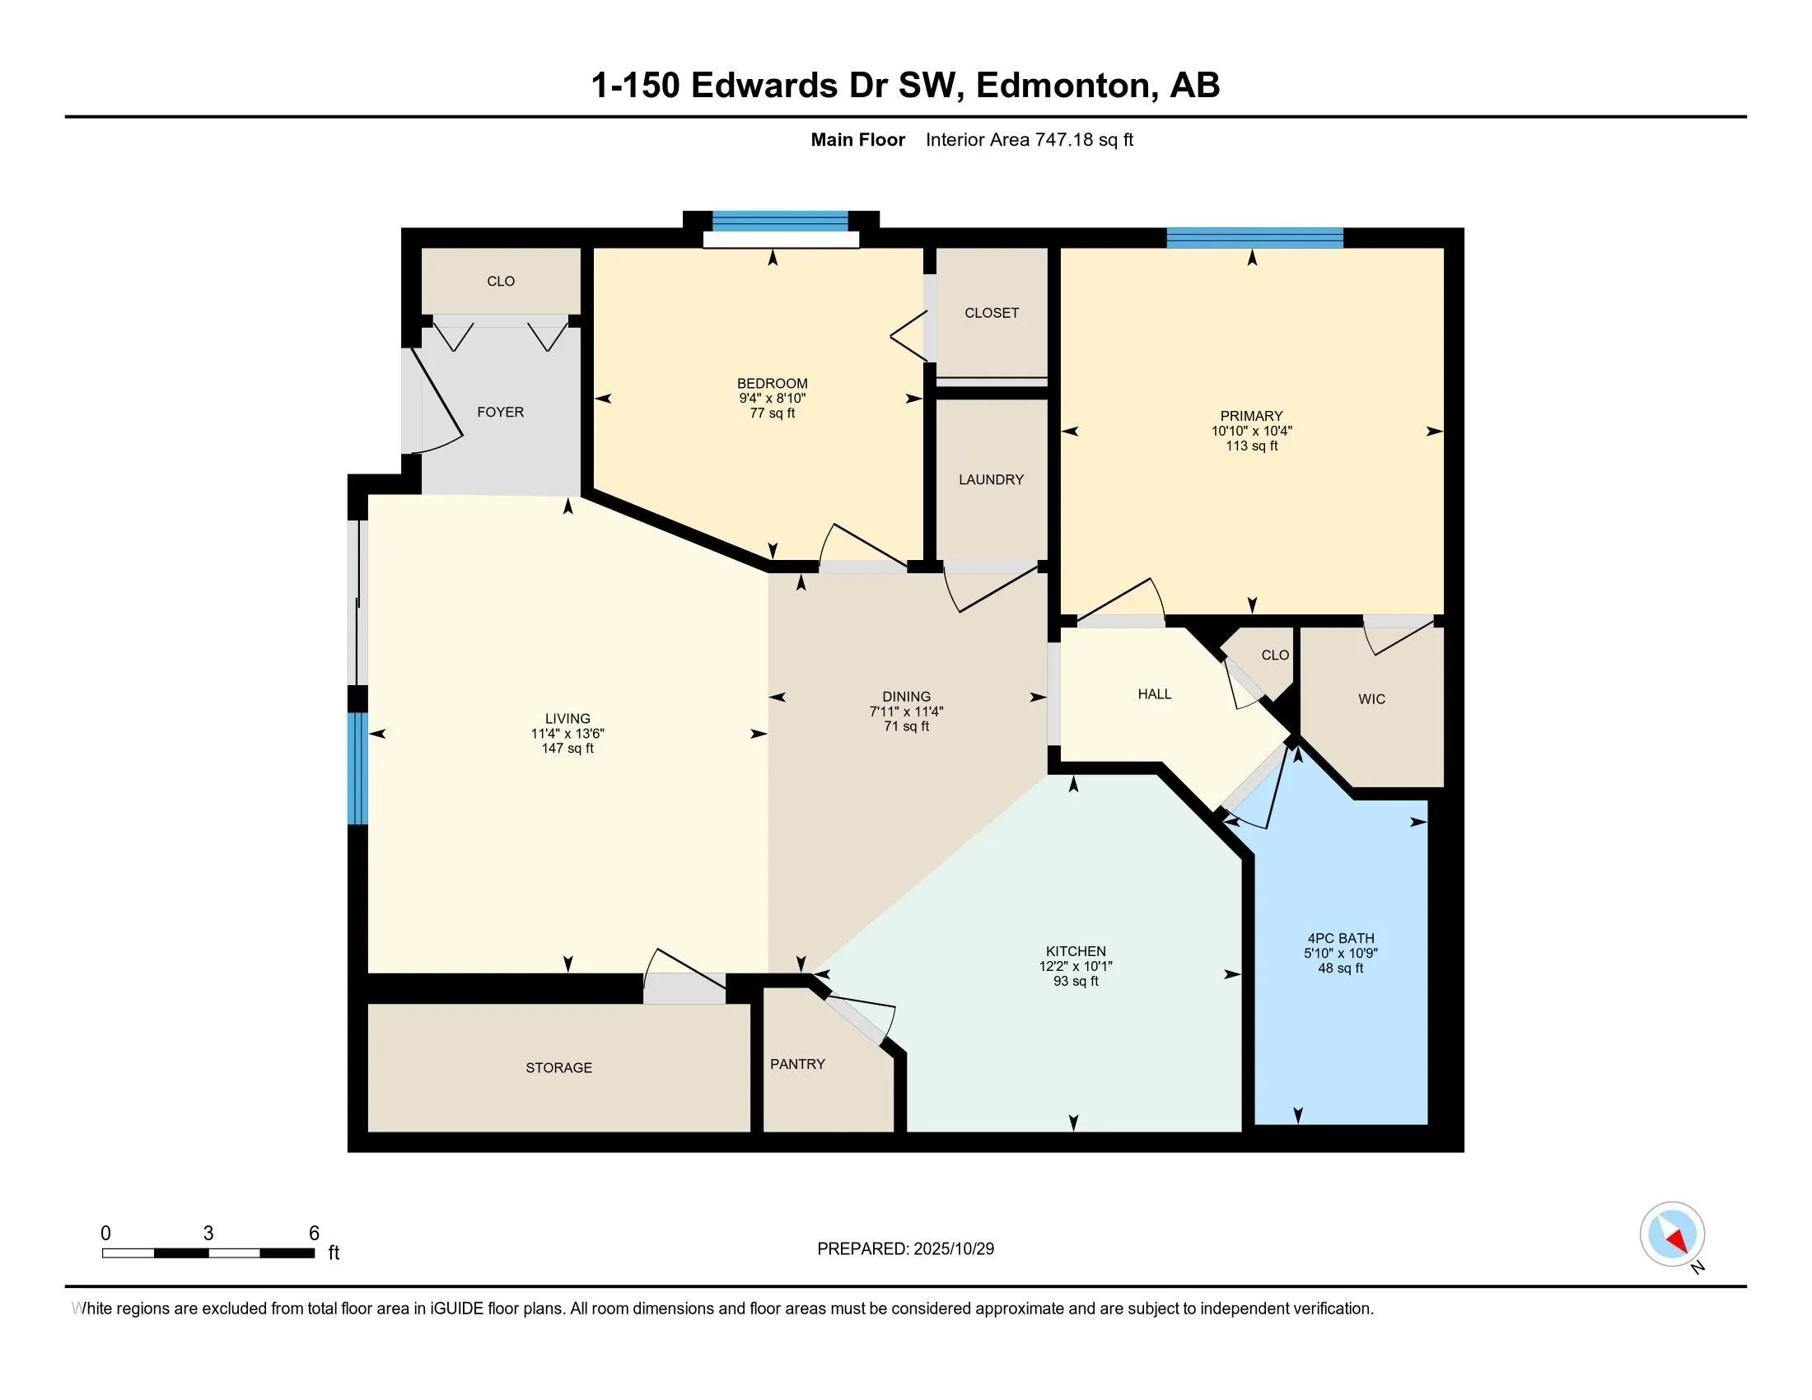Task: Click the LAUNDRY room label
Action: click(991, 479)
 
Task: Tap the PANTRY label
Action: click(797, 1064)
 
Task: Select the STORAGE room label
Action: click(558, 1067)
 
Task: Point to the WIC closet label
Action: click(1371, 699)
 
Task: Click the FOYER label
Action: click(500, 413)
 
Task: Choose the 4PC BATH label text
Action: click(1340, 938)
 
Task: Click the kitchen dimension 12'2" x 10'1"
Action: click(1075, 966)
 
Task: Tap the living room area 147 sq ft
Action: click(567, 748)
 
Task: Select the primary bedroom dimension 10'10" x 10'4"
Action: click(1251, 432)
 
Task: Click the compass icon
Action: click(1672, 1234)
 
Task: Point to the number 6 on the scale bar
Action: click(314, 1234)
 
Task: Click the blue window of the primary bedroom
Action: click(1254, 238)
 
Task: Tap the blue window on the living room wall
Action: click(357, 768)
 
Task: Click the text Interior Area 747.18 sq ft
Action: click(1029, 140)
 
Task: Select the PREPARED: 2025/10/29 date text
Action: click(905, 1249)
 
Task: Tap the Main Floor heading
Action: click(857, 140)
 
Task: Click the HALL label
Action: click(1154, 694)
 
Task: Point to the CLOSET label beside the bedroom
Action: click(992, 313)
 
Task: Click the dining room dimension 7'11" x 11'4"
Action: click(906, 712)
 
